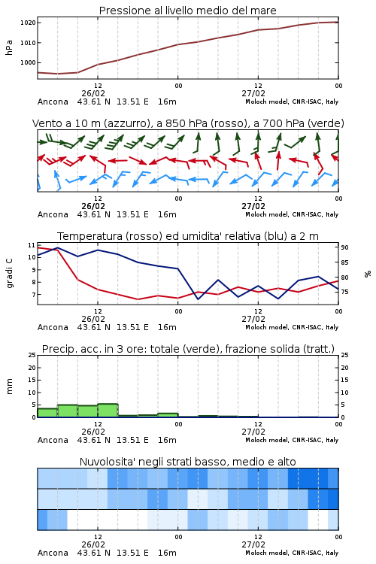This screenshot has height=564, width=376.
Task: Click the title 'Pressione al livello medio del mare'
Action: [187, 11]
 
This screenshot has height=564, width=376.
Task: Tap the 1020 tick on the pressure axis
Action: [28, 23]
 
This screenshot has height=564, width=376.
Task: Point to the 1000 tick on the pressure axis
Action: [28, 62]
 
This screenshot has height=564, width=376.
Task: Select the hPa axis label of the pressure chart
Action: [9, 47]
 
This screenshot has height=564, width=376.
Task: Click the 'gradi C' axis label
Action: [10, 274]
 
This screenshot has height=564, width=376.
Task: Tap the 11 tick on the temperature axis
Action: [32, 245]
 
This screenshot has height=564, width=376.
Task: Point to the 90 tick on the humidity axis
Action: [344, 247]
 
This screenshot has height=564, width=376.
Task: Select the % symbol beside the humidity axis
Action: [368, 274]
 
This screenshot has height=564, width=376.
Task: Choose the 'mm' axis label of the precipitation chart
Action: [9, 387]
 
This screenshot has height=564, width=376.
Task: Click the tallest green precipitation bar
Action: [108, 411]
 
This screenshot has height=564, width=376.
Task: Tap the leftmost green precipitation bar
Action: [47, 413]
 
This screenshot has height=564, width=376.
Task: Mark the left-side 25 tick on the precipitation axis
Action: [32, 355]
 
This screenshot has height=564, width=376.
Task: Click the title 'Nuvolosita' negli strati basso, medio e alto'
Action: [187, 462]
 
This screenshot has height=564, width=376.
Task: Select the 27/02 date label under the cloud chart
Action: [253, 544]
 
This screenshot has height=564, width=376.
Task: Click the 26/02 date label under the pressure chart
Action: [93, 93]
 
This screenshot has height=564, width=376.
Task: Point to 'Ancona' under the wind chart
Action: [53, 214]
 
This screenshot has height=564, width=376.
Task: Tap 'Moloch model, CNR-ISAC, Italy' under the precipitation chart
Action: [292, 440]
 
